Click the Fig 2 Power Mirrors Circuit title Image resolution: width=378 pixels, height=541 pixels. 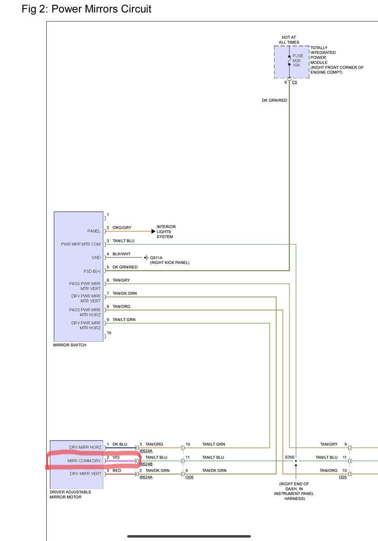point(87,9)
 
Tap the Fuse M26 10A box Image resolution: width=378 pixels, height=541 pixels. point(291,61)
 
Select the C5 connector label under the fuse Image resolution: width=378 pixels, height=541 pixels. point(295,83)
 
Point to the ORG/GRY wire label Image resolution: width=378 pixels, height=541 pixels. point(121,228)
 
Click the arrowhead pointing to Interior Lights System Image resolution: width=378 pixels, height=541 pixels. point(153,231)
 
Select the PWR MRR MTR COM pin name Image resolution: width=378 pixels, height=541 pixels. point(81,244)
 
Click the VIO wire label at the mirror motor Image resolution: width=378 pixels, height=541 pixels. point(116,458)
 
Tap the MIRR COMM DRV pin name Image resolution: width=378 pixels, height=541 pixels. point(84,461)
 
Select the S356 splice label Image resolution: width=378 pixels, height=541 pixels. point(289,457)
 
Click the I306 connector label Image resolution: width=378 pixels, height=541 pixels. point(189,477)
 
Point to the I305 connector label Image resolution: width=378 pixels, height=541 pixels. point(342,477)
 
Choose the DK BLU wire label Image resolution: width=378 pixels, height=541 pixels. point(120,445)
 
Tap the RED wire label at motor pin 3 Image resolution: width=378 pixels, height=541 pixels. point(117,471)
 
